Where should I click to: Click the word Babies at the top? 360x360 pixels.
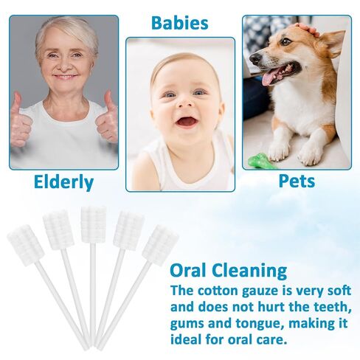tap(180, 21)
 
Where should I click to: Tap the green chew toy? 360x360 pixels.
tap(262, 160)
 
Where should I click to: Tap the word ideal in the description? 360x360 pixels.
tap(188, 340)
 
